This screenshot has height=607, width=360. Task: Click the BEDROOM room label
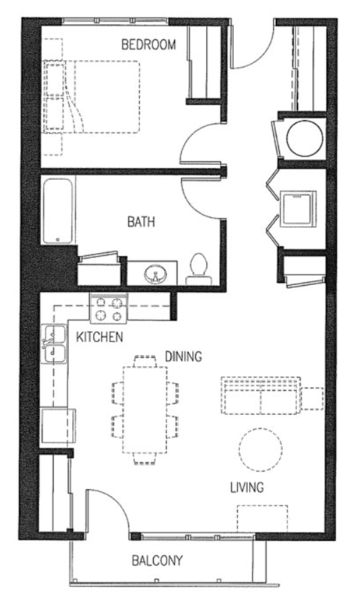[x=148, y=45]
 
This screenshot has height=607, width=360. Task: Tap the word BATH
[x=141, y=222]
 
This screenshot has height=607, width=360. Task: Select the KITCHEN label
[x=100, y=338]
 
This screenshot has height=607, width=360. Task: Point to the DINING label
[x=183, y=356]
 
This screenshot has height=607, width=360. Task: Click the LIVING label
[x=247, y=488]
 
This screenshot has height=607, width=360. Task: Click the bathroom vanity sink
[x=154, y=272]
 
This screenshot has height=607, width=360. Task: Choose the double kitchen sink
[x=51, y=345]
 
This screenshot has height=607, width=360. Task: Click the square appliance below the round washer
[x=298, y=206]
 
